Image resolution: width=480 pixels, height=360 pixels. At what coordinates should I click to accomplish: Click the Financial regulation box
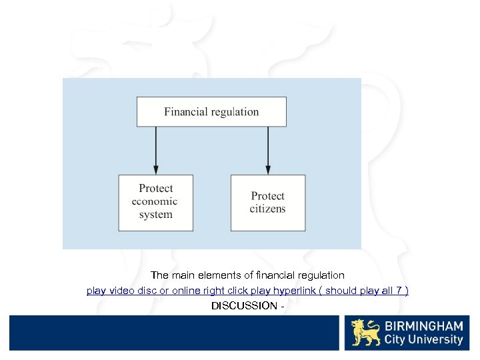pos(211,112)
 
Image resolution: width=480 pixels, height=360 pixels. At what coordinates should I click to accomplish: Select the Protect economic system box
pos(155,203)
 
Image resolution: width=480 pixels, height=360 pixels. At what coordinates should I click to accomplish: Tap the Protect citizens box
pos(268,203)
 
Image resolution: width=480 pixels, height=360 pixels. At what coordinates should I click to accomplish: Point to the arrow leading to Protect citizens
pos(268,151)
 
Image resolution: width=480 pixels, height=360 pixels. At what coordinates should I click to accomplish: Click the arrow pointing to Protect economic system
pos(155,151)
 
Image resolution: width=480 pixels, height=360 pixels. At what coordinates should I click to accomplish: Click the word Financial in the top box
pos(185,112)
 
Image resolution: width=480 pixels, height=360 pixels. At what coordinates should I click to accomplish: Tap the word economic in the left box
pos(155,201)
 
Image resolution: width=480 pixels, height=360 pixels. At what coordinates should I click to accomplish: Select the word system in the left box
pos(155,215)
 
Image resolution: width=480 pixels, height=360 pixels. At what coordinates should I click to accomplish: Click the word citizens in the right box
pos(267,209)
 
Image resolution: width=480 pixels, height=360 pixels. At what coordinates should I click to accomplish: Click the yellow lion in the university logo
pos(365,333)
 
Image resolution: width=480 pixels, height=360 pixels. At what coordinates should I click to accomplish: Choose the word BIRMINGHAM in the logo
pos(423,326)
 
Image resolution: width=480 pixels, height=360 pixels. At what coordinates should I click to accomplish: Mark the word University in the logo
pos(437,339)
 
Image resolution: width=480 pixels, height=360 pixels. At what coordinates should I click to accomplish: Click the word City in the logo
pos(397,339)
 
